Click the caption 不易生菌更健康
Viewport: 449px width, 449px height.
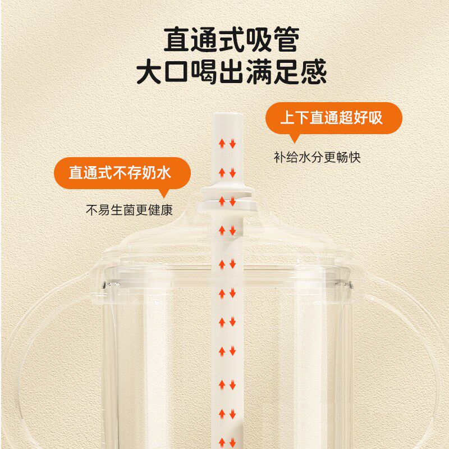[129, 210]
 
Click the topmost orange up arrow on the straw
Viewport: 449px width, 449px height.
[222, 144]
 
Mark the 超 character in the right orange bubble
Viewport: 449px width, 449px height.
[347, 118]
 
